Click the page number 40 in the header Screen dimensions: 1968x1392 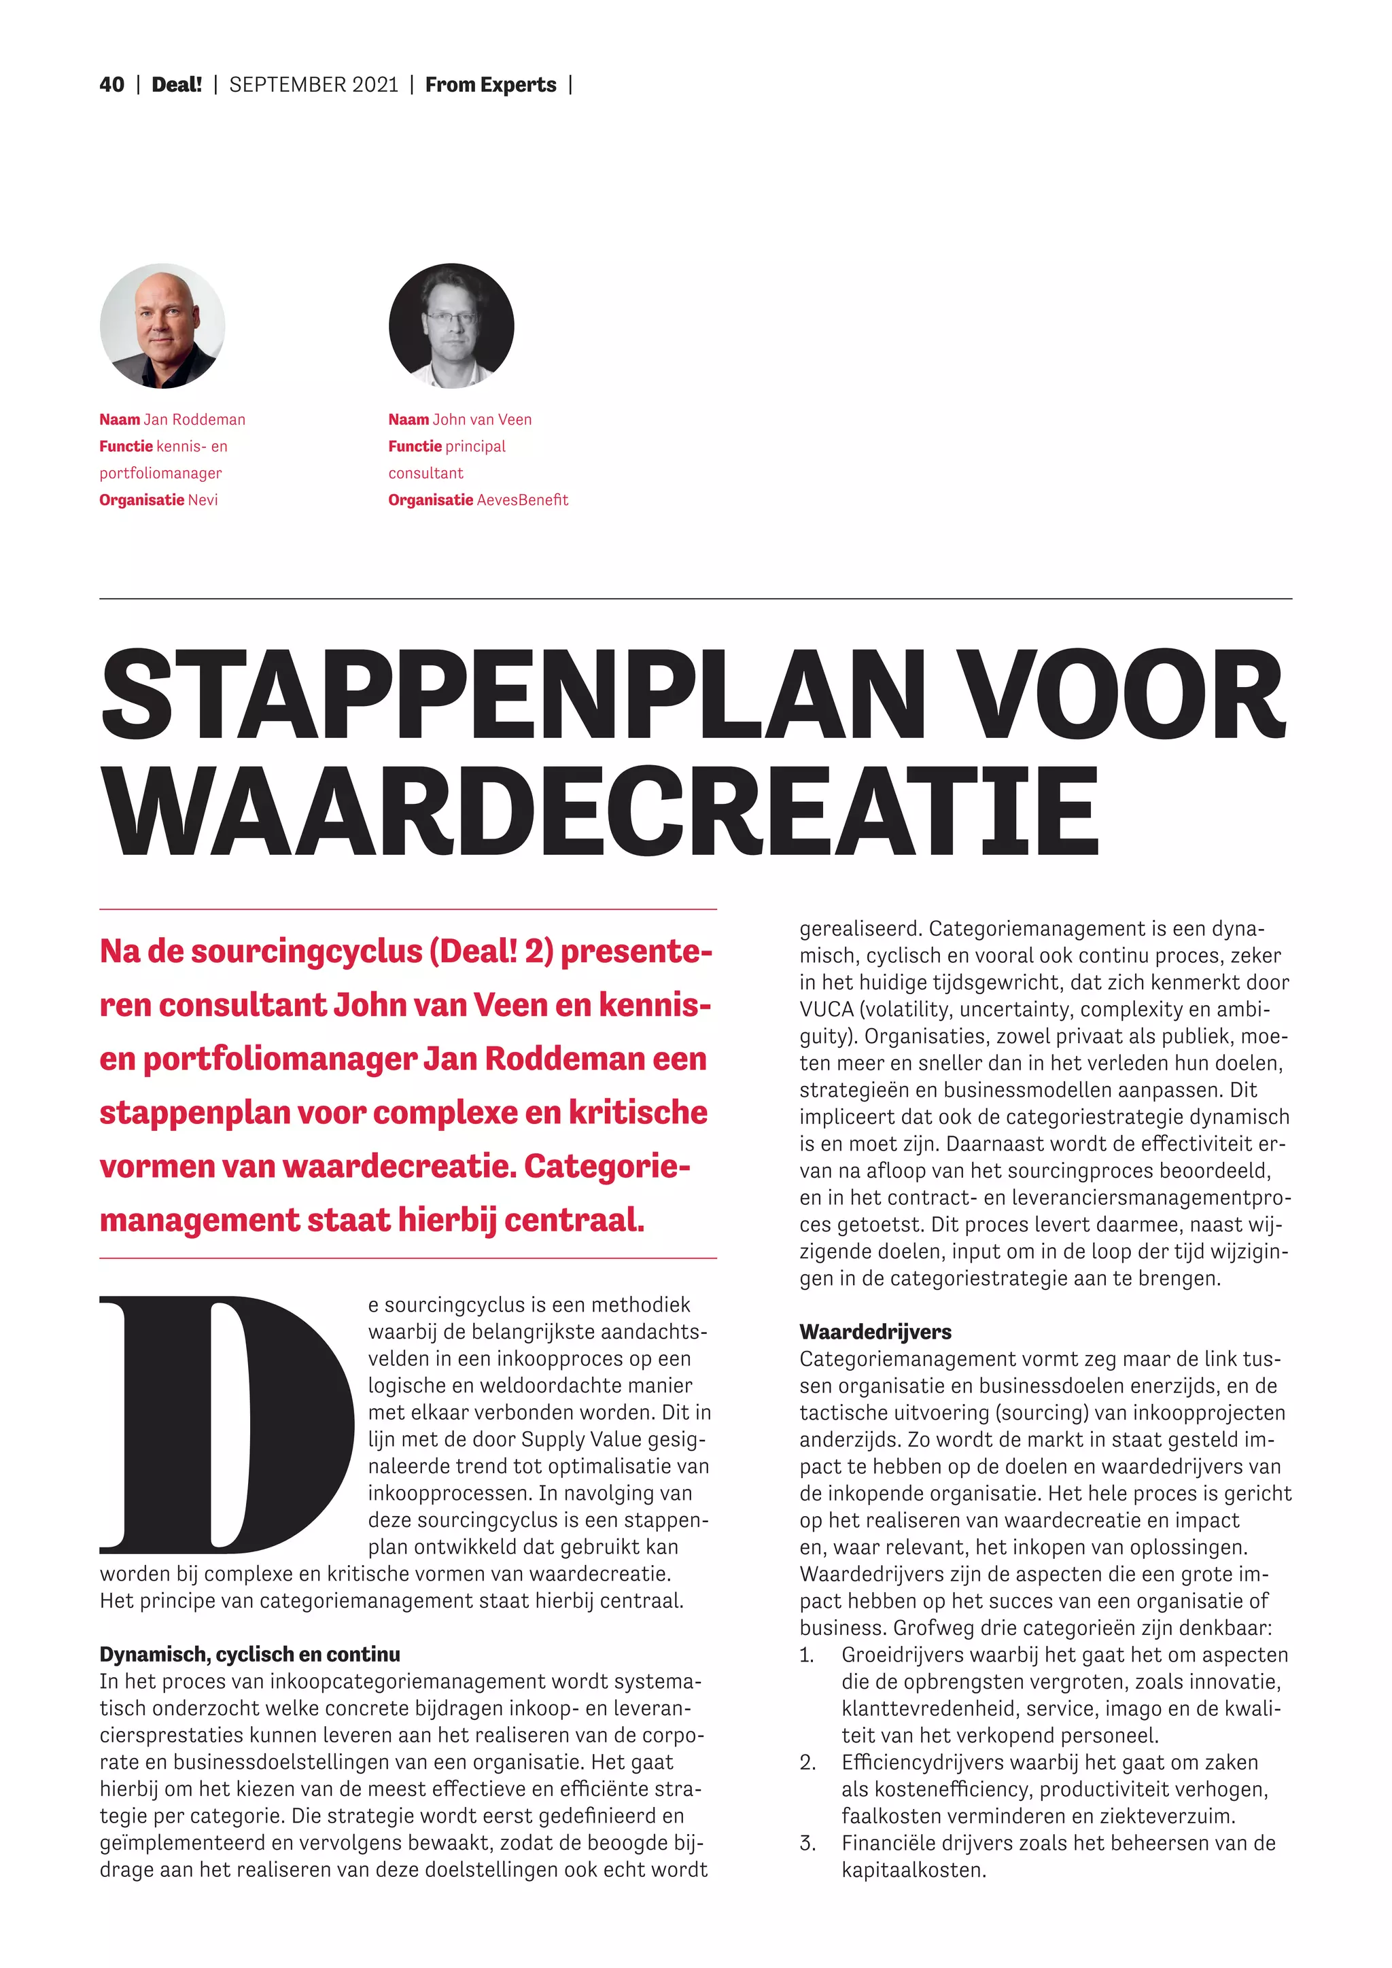click(111, 85)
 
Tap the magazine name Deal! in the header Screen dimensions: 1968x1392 click(177, 85)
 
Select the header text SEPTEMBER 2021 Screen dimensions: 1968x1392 click(314, 85)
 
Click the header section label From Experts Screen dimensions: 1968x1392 click(490, 85)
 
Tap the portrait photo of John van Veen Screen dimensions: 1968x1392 click(452, 326)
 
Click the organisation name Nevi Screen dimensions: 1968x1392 click(203, 499)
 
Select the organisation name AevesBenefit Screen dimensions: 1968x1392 click(522, 499)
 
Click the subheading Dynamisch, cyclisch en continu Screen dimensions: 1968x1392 click(249, 1654)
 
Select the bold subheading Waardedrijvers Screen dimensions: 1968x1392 click(875, 1332)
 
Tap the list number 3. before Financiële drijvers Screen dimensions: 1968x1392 click(807, 1843)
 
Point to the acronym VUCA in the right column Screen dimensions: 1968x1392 click(826, 1010)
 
